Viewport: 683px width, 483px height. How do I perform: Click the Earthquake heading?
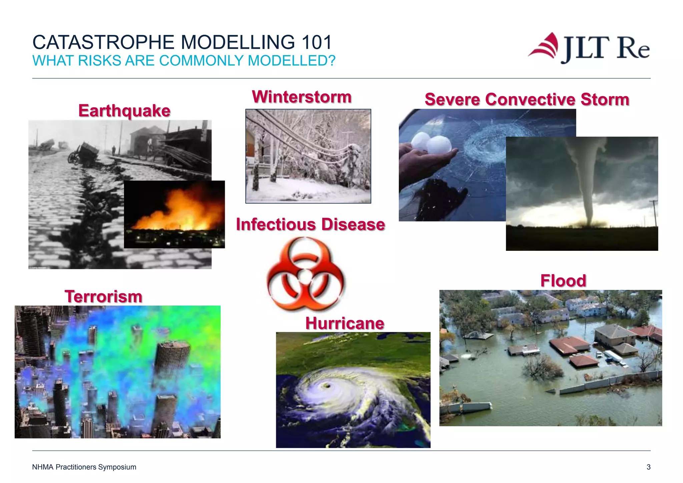pyautogui.click(x=124, y=111)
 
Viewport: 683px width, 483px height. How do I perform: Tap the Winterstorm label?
pyautogui.click(x=302, y=97)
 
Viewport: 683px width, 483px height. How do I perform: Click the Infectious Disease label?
pyautogui.click(x=310, y=224)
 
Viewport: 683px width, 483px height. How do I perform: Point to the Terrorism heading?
pyautogui.click(x=103, y=297)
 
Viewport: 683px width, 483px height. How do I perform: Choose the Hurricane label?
pyautogui.click(x=345, y=324)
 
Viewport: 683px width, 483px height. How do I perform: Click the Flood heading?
pyautogui.click(x=563, y=281)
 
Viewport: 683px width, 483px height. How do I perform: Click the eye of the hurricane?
pyautogui.click(x=325, y=386)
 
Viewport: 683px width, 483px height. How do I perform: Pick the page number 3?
pyautogui.click(x=648, y=467)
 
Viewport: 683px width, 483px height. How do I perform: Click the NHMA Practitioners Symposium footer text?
pyautogui.click(x=84, y=467)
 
